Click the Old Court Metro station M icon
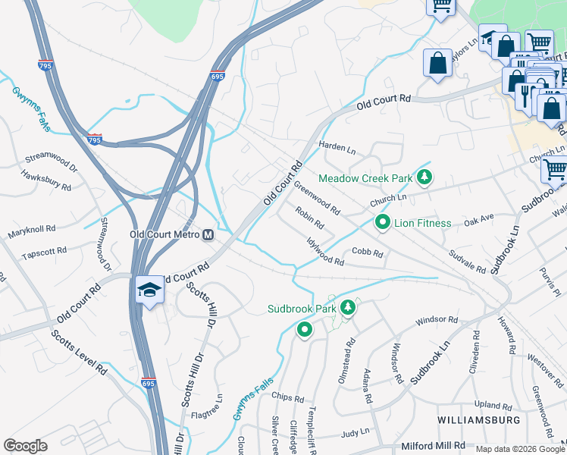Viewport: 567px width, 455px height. (207, 235)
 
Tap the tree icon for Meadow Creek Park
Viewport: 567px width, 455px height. (424, 178)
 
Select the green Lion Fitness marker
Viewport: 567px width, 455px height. (383, 223)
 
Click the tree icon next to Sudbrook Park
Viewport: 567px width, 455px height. (348, 309)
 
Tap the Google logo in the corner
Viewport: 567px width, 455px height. (25, 446)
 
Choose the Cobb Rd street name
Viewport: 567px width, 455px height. (367, 253)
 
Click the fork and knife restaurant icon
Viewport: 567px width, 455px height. (525, 93)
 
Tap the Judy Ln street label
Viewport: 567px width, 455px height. (356, 431)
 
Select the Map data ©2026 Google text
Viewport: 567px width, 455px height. (519, 449)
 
